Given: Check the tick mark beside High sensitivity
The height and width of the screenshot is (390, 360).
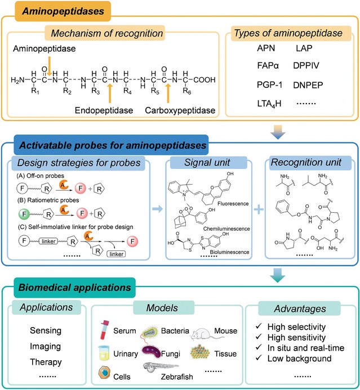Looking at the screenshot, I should coord(266,335).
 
